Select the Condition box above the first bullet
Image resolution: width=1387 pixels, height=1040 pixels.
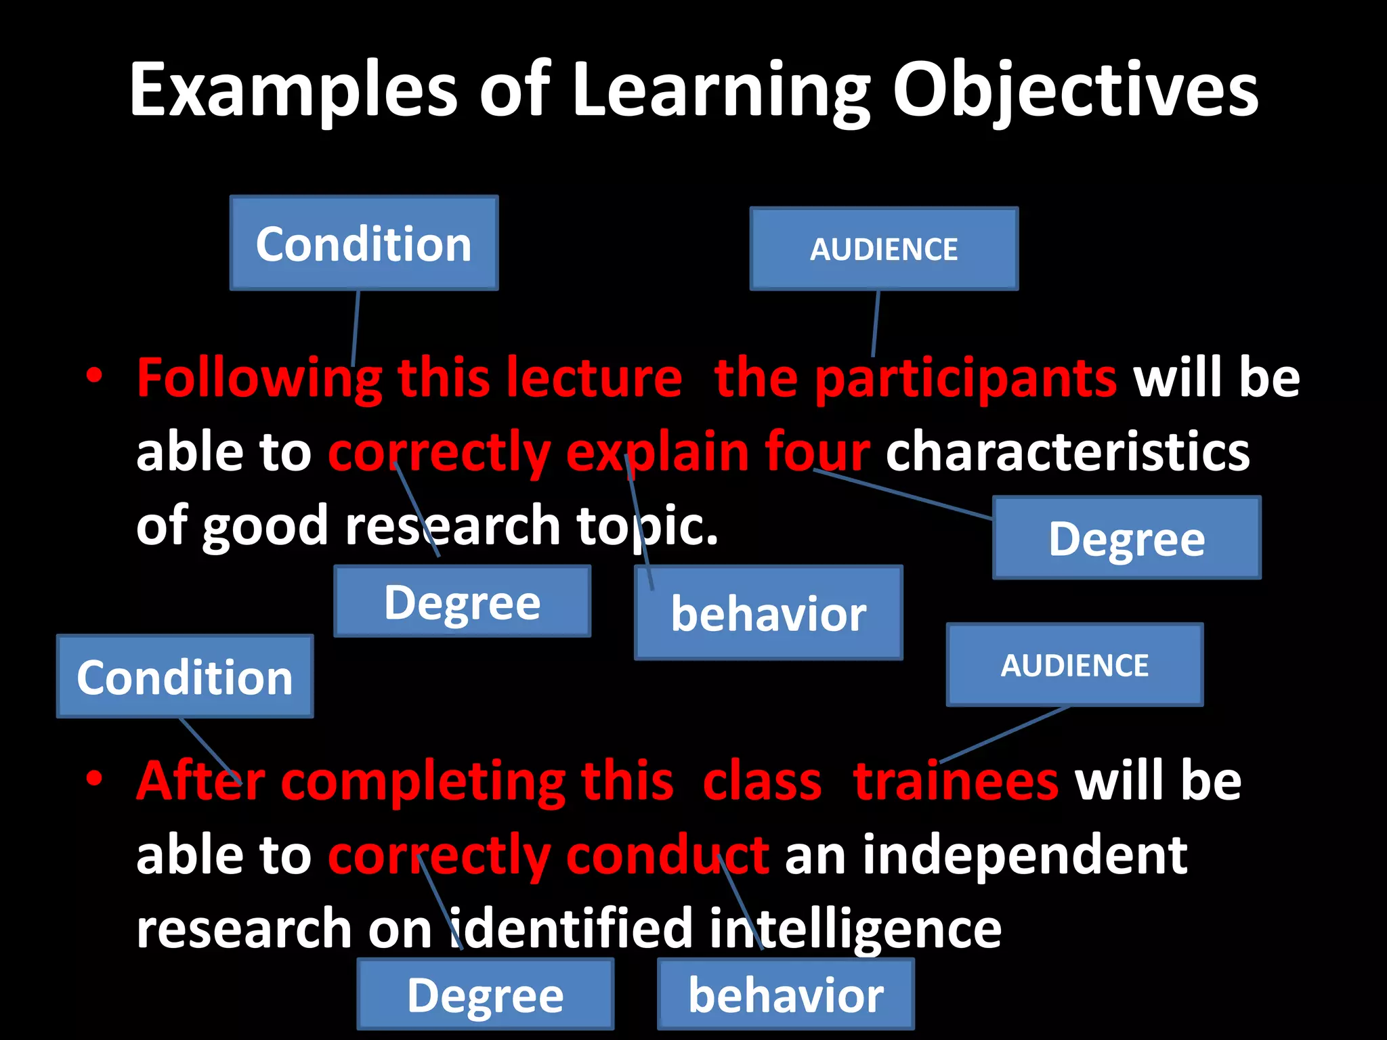(364, 243)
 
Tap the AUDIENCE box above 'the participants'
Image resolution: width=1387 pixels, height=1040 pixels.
(884, 249)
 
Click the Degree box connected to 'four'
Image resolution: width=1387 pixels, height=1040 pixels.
(1126, 538)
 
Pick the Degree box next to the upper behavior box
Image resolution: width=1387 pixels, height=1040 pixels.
(463, 601)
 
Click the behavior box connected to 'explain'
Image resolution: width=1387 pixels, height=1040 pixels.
(769, 613)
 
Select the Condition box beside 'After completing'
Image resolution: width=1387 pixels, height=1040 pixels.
(185, 676)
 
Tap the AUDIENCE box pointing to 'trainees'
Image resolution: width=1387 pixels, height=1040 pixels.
(1075, 665)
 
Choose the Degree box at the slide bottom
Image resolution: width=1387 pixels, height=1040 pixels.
(485, 994)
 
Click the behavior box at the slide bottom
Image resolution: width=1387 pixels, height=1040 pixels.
(786, 994)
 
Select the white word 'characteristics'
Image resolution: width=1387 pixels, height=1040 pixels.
(1067, 452)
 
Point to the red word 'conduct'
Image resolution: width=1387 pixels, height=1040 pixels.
(667, 855)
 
